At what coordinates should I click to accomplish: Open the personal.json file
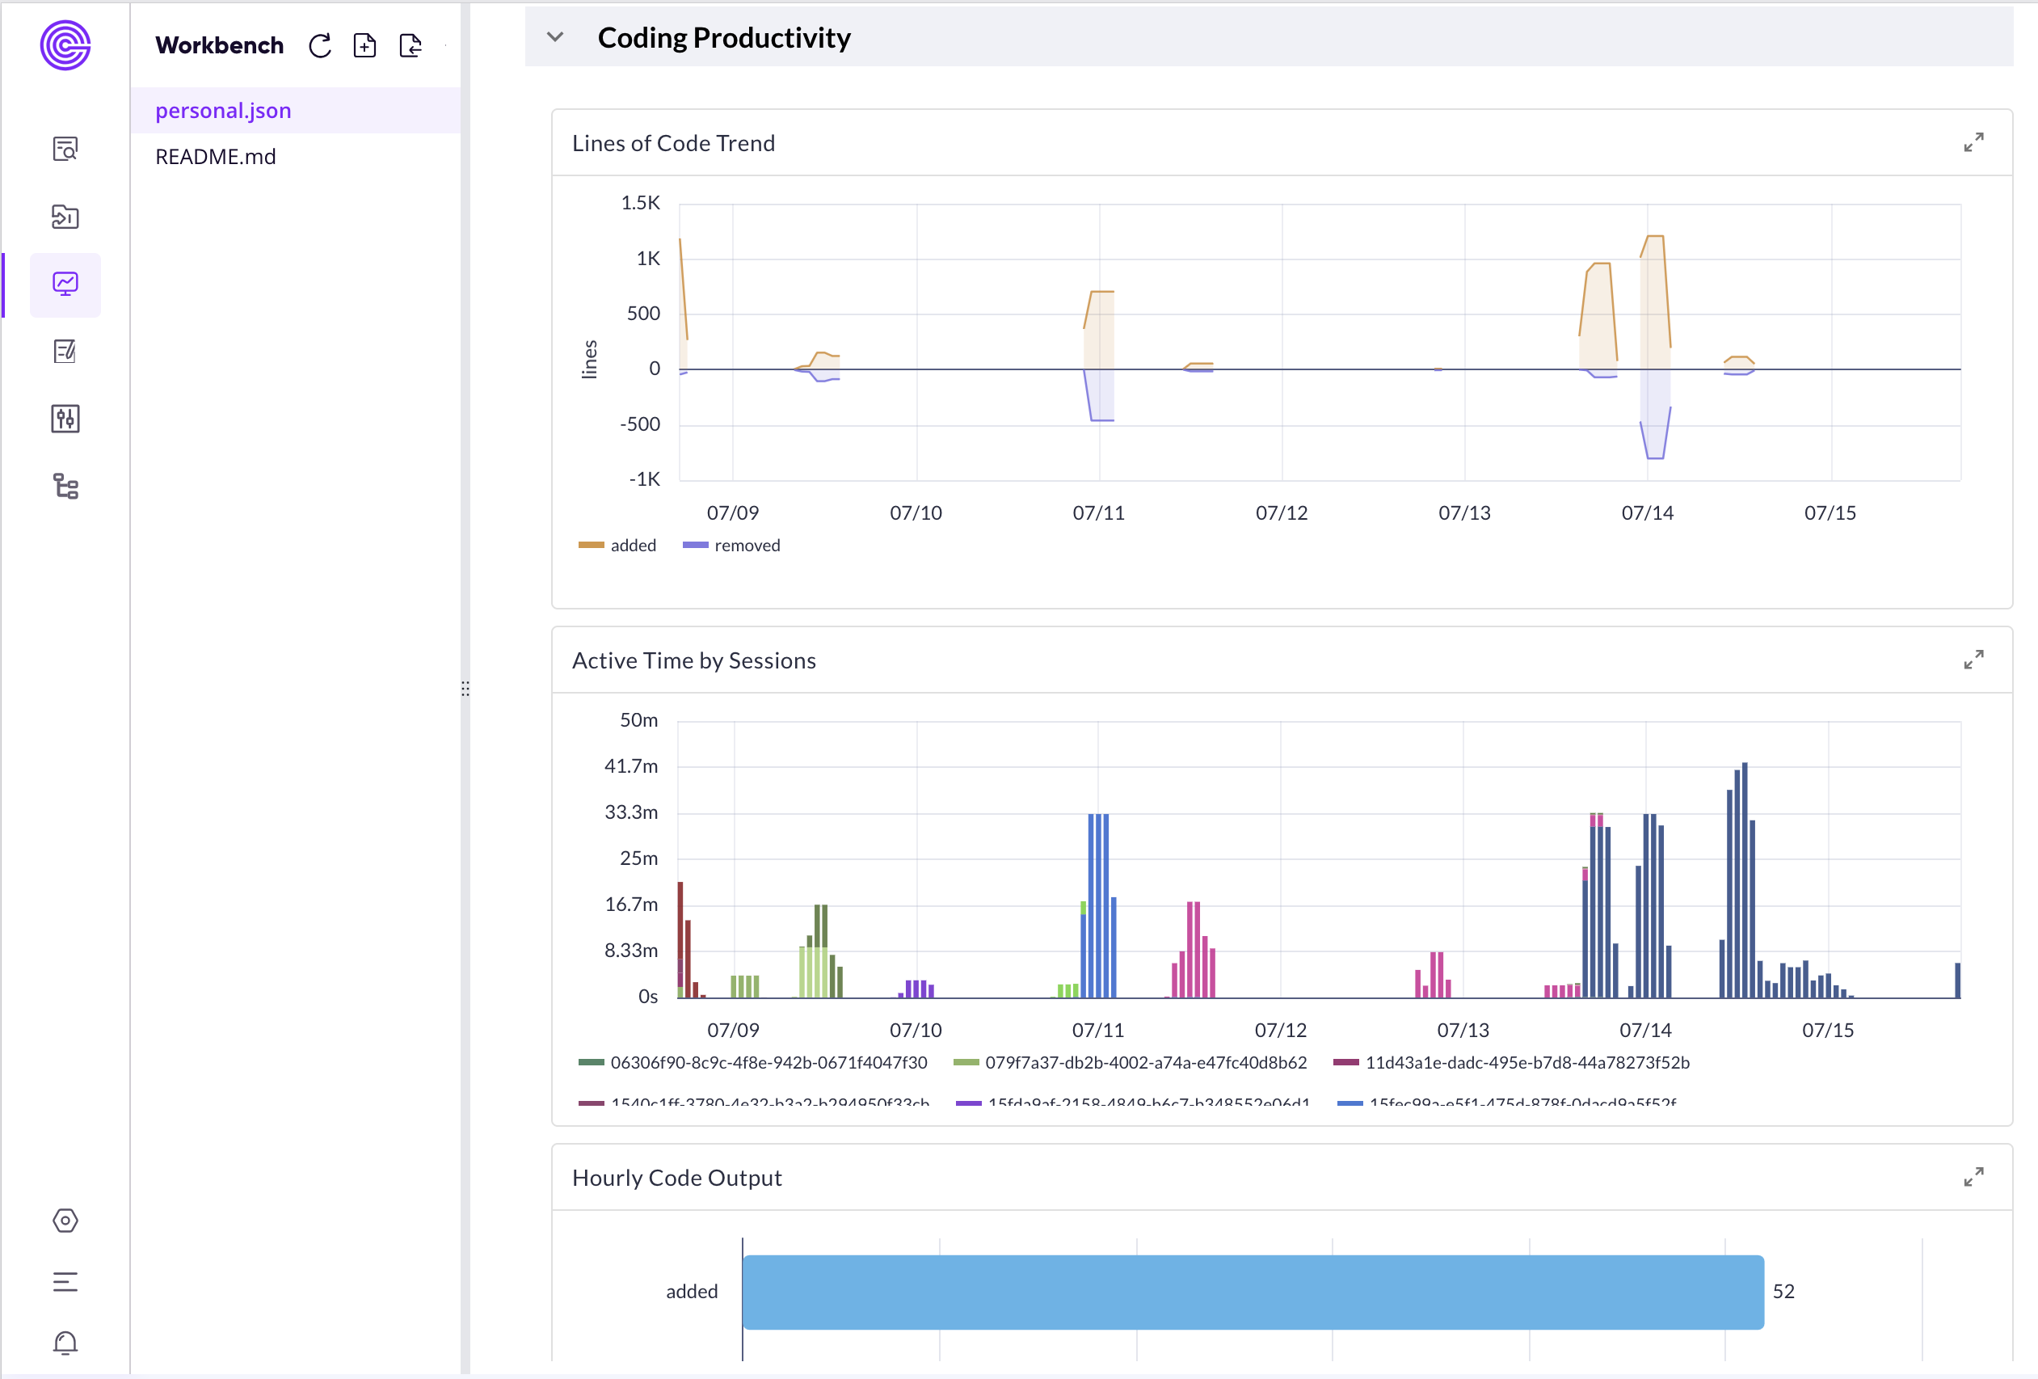(223, 111)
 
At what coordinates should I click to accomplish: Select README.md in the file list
(215, 156)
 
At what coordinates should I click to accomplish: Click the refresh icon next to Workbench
(320, 45)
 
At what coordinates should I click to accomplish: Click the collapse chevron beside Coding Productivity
(554, 37)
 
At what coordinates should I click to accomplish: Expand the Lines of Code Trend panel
(1973, 142)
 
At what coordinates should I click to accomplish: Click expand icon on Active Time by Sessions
(1973, 660)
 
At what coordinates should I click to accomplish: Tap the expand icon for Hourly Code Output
(1973, 1176)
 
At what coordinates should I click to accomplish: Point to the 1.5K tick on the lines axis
(640, 203)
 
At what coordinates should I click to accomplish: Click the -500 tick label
(639, 424)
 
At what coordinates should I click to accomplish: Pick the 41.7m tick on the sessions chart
(630, 765)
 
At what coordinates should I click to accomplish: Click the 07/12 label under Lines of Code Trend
(1281, 513)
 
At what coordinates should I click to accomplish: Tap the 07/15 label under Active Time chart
(1828, 1030)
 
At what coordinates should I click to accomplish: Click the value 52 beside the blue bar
(1783, 1291)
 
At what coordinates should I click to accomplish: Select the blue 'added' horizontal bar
(1253, 1291)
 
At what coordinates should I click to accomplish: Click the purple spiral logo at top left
(65, 45)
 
